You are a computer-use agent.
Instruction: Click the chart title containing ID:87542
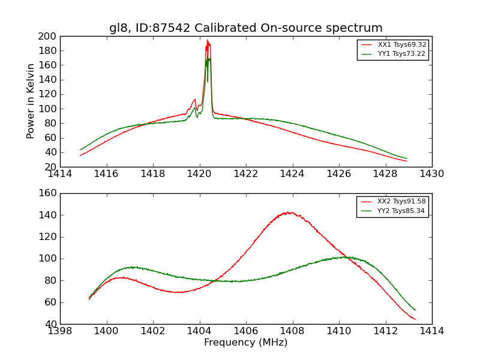(x=245, y=28)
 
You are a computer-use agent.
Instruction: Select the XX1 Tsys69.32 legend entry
(x=401, y=45)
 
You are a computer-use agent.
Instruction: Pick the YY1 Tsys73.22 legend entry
(x=401, y=54)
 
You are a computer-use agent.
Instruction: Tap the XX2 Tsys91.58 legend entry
(x=401, y=202)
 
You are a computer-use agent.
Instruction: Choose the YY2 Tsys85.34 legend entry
(x=401, y=211)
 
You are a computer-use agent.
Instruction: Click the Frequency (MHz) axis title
(x=245, y=343)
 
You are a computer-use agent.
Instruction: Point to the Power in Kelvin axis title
(x=31, y=101)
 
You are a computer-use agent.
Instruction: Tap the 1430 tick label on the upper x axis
(x=431, y=174)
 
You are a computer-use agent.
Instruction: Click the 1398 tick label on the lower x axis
(x=60, y=331)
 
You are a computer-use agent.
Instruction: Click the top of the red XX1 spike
(x=208, y=41)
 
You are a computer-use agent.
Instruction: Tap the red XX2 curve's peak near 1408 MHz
(x=289, y=212)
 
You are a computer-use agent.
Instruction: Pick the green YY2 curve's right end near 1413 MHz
(x=415, y=310)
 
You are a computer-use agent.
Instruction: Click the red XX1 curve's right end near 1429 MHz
(x=407, y=161)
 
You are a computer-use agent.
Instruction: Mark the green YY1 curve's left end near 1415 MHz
(x=80, y=149)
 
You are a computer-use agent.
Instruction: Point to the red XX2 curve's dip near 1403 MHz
(x=177, y=292)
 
